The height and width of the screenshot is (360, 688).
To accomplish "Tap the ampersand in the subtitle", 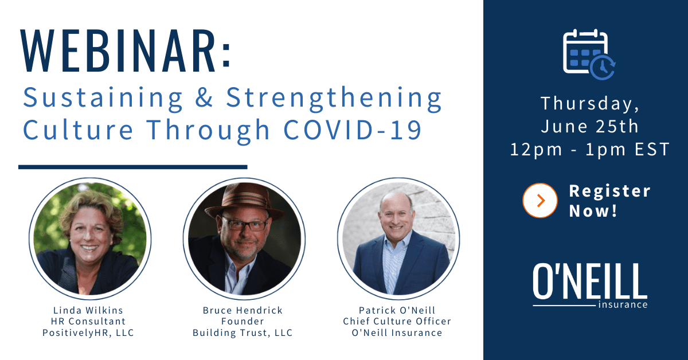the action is (x=204, y=97).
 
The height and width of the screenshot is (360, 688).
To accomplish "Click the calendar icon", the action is (x=589, y=54).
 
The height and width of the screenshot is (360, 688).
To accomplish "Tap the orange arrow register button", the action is (x=540, y=201).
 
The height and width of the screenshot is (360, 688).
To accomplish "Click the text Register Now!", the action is (x=609, y=201).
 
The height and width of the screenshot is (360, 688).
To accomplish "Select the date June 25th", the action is (x=590, y=127).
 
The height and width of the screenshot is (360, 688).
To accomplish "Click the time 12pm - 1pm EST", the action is (x=590, y=150).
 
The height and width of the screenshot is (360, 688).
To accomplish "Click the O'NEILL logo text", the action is (x=590, y=281).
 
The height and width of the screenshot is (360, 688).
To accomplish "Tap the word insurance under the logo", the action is (x=623, y=305).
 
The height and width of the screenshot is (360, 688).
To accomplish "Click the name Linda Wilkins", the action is (x=88, y=310).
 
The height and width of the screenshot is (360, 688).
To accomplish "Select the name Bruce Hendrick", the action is (x=243, y=310).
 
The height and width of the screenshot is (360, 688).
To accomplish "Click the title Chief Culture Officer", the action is (x=397, y=321).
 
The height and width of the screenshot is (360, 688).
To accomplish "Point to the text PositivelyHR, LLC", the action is (x=88, y=332).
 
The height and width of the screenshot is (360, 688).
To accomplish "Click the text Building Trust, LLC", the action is (x=243, y=332).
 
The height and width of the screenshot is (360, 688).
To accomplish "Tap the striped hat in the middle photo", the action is (x=245, y=201).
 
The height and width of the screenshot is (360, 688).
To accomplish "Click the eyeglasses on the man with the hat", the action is (x=245, y=224).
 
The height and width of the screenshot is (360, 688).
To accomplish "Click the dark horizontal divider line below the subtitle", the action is (x=132, y=167).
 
